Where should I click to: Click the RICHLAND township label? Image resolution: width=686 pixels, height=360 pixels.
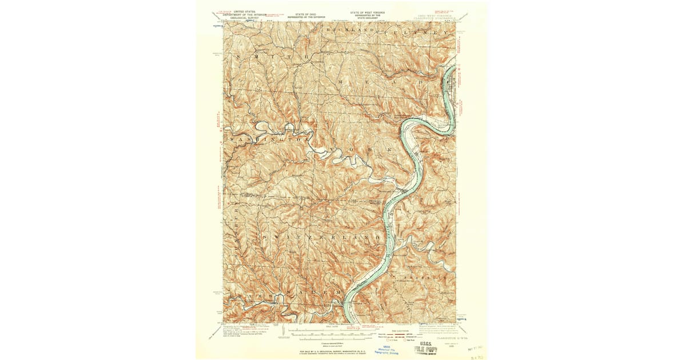tap(350, 29)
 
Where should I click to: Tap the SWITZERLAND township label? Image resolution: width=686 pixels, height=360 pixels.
tap(321, 236)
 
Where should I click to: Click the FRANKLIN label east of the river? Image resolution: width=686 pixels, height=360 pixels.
tap(428, 277)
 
